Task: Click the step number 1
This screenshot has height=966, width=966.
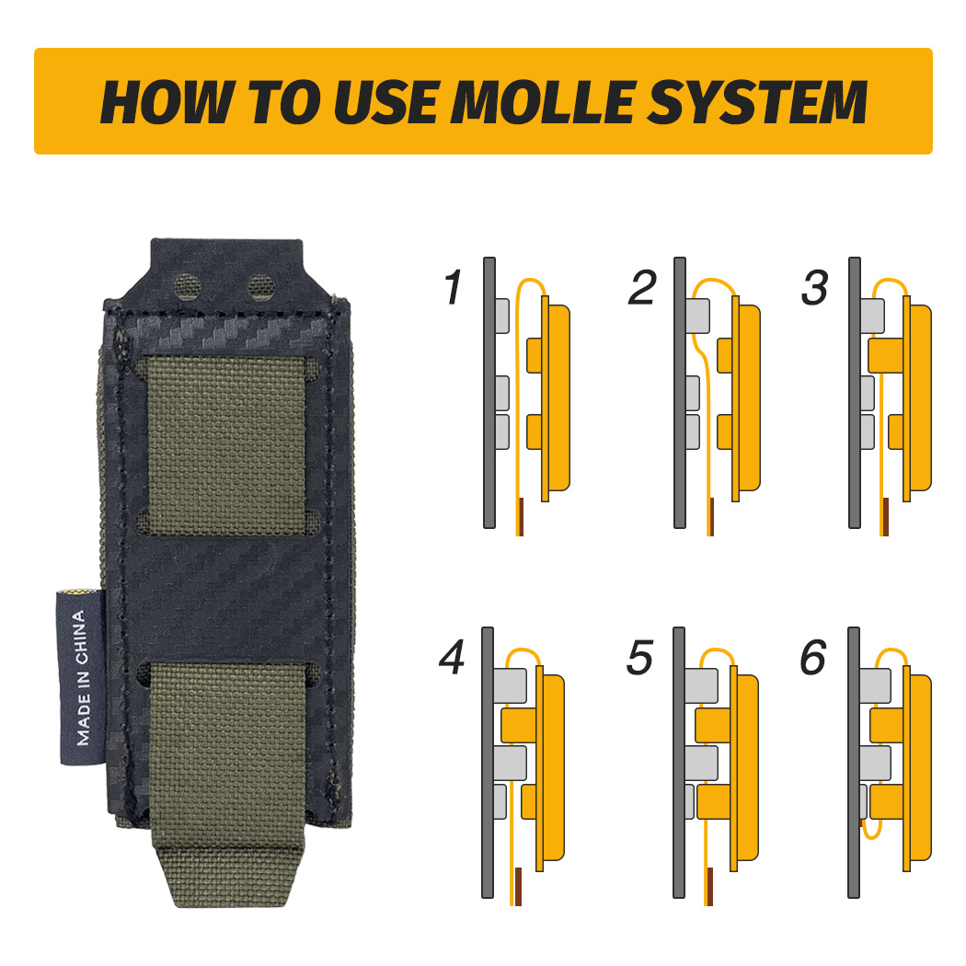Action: (x=452, y=289)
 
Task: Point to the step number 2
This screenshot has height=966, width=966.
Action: (x=641, y=289)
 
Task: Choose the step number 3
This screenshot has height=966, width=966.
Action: (x=814, y=289)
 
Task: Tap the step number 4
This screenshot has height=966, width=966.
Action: (x=452, y=660)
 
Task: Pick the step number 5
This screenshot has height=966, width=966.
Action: (x=639, y=660)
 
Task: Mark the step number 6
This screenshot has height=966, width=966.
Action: (x=813, y=660)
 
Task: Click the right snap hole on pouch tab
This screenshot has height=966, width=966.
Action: (x=261, y=284)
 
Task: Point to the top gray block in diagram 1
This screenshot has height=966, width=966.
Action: (x=501, y=316)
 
